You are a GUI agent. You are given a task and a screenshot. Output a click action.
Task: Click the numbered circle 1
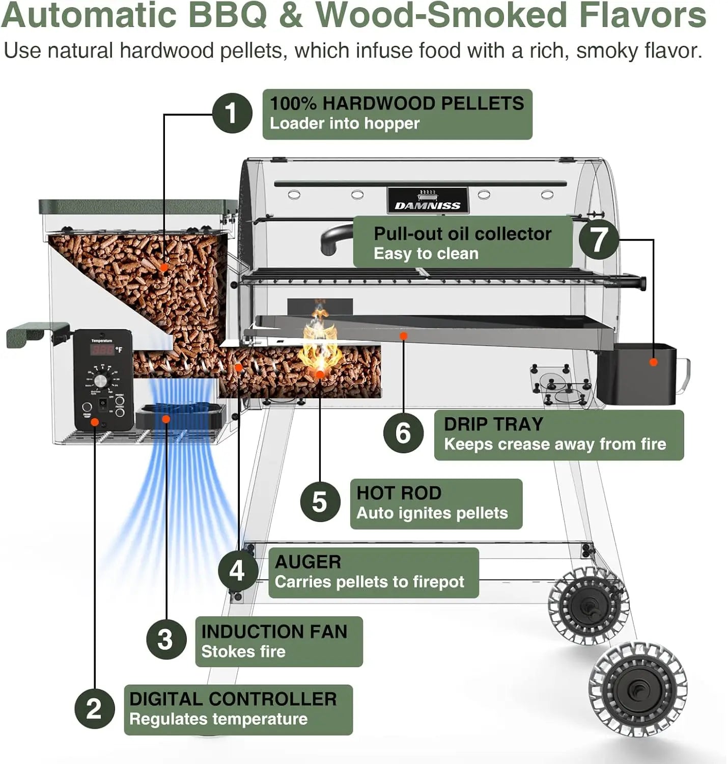(x=232, y=113)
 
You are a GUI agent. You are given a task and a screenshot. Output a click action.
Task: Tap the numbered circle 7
(x=599, y=239)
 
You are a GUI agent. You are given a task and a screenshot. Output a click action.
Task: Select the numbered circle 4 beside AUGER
(x=238, y=570)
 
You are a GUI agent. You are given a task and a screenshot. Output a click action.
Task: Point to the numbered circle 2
(x=94, y=708)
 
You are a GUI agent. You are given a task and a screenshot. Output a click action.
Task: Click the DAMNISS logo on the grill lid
(x=428, y=205)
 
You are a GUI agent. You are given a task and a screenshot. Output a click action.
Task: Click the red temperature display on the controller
(x=102, y=350)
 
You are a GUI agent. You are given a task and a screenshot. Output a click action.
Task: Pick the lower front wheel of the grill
(x=637, y=690)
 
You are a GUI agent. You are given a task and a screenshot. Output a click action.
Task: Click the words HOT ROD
(x=399, y=493)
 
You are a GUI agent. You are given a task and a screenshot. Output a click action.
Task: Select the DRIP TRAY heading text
(x=493, y=424)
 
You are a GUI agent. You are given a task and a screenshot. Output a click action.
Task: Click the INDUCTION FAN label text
(x=274, y=632)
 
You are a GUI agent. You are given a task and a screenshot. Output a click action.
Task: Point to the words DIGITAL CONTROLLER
(x=233, y=699)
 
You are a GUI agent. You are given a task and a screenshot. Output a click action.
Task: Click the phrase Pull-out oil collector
(x=462, y=234)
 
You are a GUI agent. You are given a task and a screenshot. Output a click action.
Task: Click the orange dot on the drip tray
(x=403, y=336)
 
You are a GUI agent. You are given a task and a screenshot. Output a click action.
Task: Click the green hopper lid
(x=137, y=206)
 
